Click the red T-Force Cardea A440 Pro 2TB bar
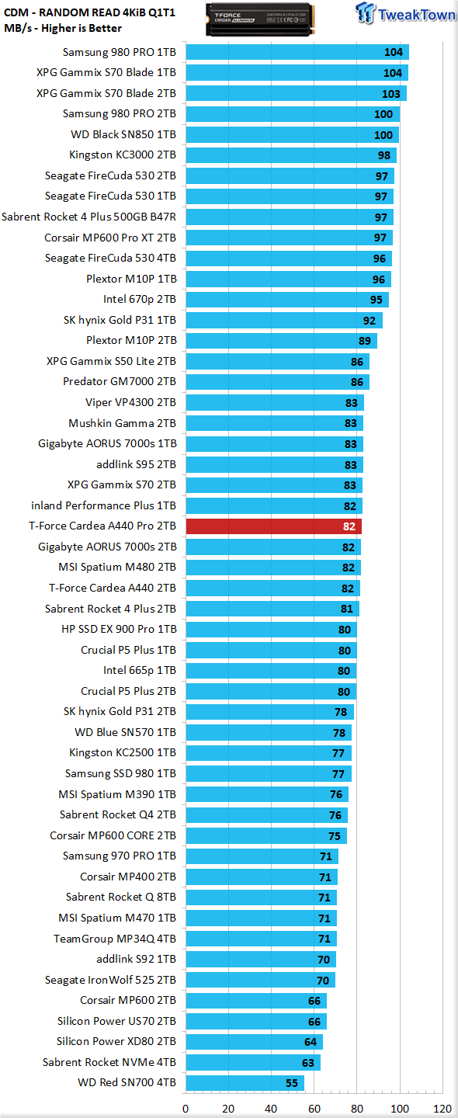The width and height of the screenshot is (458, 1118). (273, 526)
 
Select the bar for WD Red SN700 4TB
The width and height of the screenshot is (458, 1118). (245, 1082)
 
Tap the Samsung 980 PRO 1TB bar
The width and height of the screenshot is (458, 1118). (297, 52)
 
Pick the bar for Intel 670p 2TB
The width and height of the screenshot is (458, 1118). (287, 300)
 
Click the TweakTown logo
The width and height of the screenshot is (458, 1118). (405, 13)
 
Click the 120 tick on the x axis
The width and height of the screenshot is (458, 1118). (442, 1109)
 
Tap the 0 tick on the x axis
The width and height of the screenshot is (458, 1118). (186, 1109)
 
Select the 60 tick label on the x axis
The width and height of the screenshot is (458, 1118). (314, 1109)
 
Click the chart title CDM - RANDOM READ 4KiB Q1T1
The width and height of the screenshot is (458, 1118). (90, 12)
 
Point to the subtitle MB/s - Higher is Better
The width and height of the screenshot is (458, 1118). (63, 29)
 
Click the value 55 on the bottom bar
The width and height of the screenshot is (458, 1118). (292, 1083)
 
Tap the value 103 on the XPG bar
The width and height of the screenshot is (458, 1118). (391, 94)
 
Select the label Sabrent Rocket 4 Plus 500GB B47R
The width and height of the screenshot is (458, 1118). (88, 217)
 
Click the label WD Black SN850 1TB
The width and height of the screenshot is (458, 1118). (123, 134)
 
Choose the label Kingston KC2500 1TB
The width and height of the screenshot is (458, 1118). (123, 752)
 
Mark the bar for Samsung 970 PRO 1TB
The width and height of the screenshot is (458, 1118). (262, 856)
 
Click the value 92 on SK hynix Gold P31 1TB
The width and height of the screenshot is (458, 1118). (370, 321)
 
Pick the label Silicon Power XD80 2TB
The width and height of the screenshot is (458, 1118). (116, 1041)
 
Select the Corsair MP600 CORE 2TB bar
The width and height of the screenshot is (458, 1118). (266, 835)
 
